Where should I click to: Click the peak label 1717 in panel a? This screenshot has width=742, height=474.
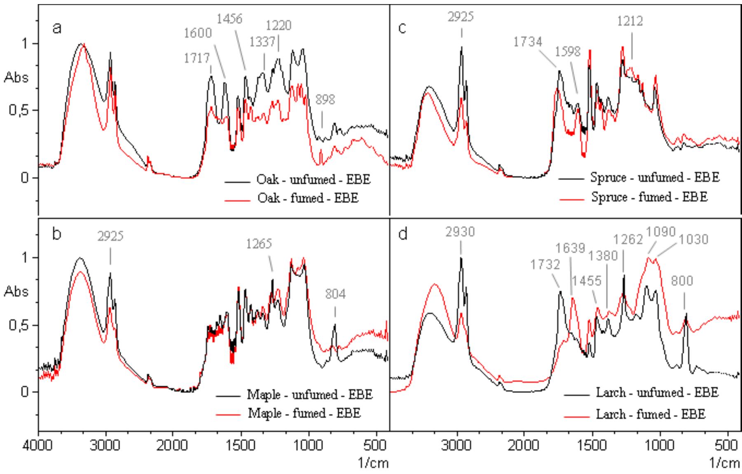(197, 58)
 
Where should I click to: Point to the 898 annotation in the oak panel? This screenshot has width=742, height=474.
(325, 99)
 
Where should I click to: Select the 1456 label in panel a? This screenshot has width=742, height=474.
(229, 19)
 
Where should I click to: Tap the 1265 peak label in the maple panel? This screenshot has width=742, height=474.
(259, 244)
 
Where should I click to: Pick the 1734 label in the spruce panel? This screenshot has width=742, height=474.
(528, 42)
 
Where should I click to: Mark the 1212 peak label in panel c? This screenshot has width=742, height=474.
(630, 21)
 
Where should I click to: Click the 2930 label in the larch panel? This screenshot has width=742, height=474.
(460, 232)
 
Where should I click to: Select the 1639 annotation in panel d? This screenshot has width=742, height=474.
(570, 248)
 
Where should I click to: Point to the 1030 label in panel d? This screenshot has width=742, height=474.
(693, 239)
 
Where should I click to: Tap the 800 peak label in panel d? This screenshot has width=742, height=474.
(682, 281)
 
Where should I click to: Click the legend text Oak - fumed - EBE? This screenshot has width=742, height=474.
(308, 198)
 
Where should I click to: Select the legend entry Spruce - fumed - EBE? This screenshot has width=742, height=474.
(649, 197)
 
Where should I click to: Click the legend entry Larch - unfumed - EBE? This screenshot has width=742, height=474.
(657, 392)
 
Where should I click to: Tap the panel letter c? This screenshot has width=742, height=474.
(403, 28)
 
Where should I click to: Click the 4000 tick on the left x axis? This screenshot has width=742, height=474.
(39, 446)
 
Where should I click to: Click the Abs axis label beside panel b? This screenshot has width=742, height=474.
(16, 292)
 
